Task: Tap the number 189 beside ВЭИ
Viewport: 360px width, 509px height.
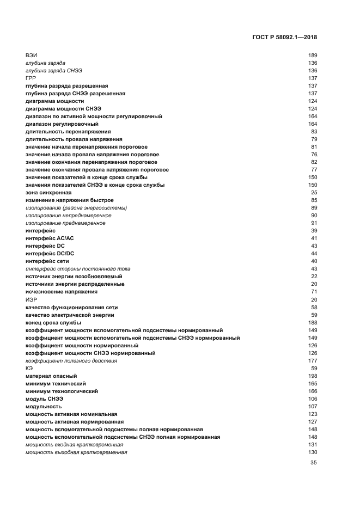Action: (312, 56)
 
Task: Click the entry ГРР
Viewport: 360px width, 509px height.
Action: (30, 78)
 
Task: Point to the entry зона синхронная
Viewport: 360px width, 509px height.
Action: (48, 193)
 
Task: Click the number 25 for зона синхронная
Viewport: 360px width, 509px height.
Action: (314, 193)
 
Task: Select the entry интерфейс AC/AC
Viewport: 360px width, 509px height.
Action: (50, 238)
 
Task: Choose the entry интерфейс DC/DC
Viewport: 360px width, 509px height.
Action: (50, 254)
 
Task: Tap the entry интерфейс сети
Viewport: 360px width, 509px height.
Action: (48, 261)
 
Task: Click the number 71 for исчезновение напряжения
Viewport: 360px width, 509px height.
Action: (314, 292)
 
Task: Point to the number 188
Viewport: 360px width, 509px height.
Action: (312, 322)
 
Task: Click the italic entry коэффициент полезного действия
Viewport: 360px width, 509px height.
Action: (71, 360)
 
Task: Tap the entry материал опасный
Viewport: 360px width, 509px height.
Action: (51, 376)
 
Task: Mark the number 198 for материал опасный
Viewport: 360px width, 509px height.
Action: (312, 376)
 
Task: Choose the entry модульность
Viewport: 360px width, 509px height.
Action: (44, 406)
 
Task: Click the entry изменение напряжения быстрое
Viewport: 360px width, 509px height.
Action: (70, 200)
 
